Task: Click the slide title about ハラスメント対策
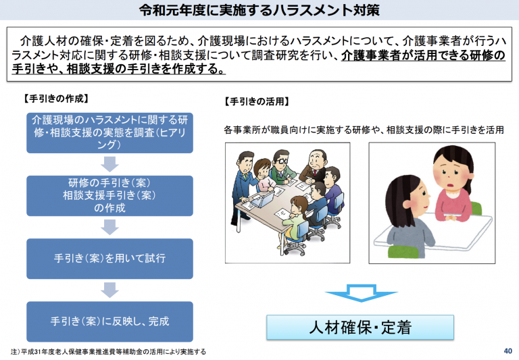259,10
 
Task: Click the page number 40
508,351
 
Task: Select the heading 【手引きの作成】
56,99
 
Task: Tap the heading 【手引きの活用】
257,101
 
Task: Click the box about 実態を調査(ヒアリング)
109,132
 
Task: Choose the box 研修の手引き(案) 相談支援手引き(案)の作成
109,196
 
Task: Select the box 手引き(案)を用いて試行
109,259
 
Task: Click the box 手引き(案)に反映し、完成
109,322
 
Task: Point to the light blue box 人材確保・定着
360,328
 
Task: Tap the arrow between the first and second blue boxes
109,164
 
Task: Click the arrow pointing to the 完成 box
109,290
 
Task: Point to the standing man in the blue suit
243,188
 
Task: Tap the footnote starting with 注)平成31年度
108,351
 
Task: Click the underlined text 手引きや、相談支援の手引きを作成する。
118,69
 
